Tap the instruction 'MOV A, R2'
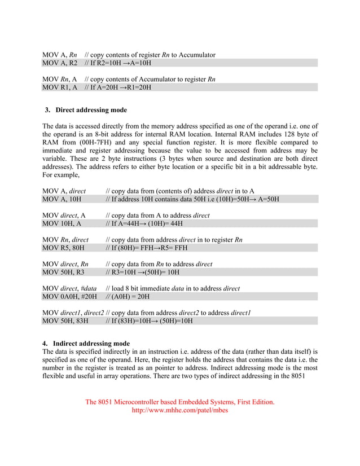(x=60, y=63)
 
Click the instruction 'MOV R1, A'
(x=60, y=87)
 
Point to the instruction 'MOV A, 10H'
(x=62, y=199)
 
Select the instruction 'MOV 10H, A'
(x=62, y=223)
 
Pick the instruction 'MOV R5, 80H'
(x=64, y=248)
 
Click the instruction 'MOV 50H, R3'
(x=64, y=272)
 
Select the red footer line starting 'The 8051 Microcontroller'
(x=179, y=402)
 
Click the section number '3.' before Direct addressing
(x=48, y=110)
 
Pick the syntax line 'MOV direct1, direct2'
(x=73, y=313)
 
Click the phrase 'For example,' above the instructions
(x=62, y=175)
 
